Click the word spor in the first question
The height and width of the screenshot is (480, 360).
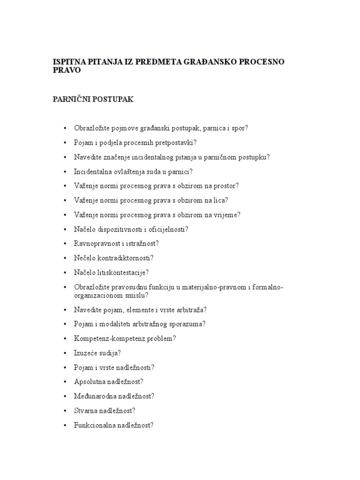(x=237, y=128)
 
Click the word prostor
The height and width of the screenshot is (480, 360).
(x=225, y=186)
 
